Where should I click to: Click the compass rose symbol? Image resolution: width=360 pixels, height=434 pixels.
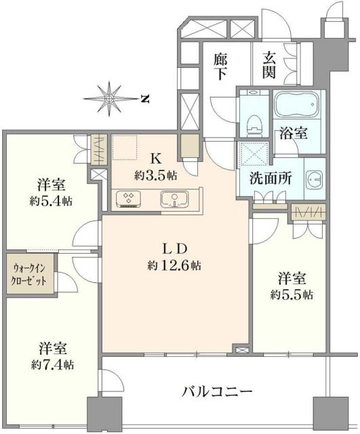click(109, 97)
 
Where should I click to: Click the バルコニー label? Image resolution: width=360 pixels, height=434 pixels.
click(218, 391)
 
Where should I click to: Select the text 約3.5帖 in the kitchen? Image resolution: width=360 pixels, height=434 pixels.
click(155, 175)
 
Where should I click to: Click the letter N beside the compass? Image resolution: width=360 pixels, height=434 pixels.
click(145, 98)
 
